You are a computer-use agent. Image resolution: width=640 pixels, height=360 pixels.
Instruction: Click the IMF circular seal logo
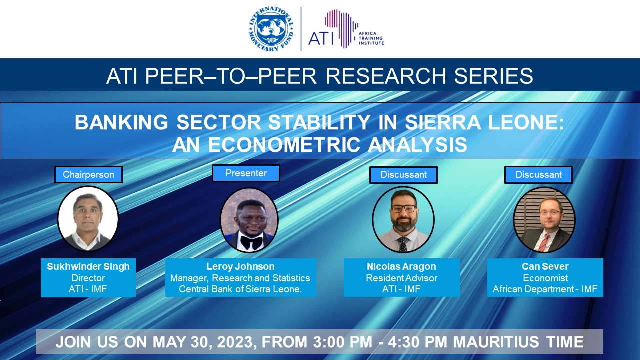tap(271, 28)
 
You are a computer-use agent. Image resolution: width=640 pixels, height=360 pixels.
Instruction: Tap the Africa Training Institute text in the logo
tap(371, 38)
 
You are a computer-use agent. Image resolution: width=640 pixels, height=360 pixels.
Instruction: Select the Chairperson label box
tap(88, 174)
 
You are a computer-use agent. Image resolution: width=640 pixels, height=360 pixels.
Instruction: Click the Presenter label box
tap(246, 173)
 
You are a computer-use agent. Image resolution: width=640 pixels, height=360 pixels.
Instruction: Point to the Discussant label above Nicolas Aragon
tap(403, 175)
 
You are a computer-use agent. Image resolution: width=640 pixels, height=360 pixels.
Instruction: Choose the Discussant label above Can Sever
tap(538, 175)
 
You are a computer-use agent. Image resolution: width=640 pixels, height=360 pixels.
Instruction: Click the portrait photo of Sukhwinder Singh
tap(88, 219)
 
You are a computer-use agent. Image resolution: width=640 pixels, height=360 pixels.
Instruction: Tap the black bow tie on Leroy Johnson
tap(251, 242)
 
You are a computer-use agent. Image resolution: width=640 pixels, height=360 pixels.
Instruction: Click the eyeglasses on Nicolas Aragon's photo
tap(404, 209)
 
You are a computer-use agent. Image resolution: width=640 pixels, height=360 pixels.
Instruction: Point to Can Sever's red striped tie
tap(543, 242)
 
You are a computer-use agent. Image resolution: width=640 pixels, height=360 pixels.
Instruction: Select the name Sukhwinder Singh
tap(88, 266)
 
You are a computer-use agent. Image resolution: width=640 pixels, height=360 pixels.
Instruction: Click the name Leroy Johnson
tap(240, 266)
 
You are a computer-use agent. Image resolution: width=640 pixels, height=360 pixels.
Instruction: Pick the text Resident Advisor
tap(401, 278)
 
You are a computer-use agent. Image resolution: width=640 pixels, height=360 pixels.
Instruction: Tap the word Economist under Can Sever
tap(545, 278)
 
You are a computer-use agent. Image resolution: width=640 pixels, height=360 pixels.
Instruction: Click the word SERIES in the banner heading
tap(493, 76)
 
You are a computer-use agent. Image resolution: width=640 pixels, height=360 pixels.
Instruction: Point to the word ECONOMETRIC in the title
tap(284, 144)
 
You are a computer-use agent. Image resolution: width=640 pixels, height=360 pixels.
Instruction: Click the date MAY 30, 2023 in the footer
tap(203, 342)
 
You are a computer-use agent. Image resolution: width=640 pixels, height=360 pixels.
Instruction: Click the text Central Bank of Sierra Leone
tap(240, 289)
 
